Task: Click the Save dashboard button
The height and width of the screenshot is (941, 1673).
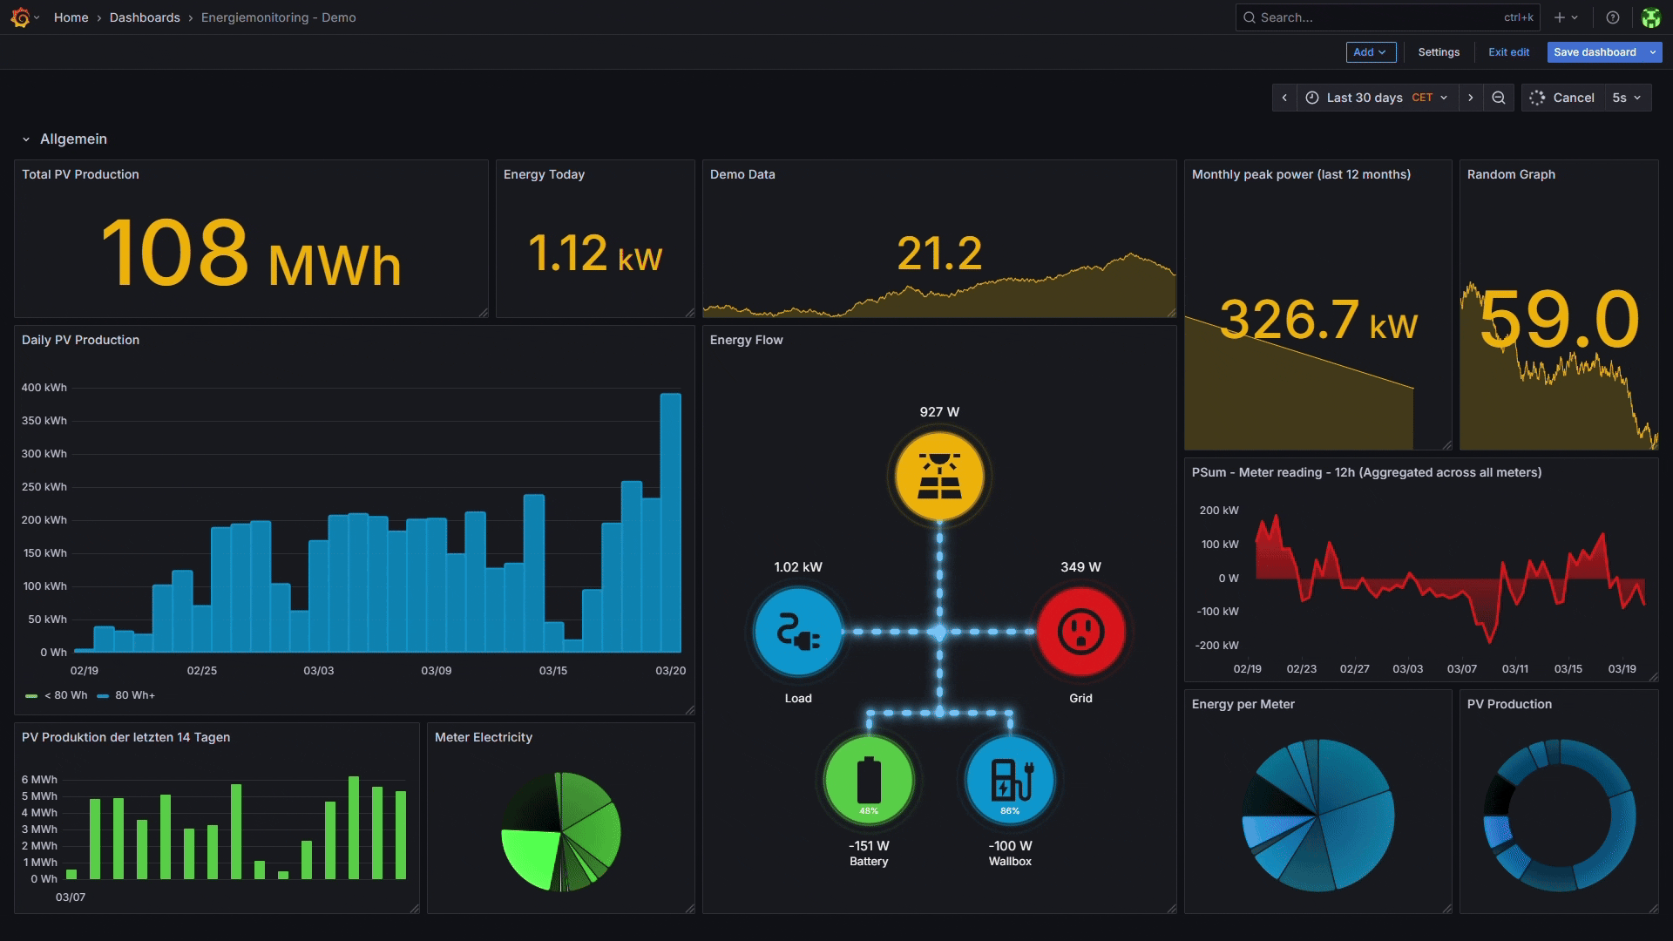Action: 1595,52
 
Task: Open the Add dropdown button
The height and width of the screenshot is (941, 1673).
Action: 1371,52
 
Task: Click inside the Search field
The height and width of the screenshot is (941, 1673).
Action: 1377,17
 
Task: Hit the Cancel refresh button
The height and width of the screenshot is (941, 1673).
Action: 1563,98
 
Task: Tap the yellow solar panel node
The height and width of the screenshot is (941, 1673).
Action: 939,477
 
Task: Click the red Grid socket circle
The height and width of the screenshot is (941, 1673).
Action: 1080,632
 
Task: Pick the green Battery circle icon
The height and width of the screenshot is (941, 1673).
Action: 869,780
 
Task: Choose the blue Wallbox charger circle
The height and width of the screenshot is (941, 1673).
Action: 1010,780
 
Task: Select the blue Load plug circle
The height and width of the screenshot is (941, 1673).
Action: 798,632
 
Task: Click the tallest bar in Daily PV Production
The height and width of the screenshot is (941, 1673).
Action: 670,523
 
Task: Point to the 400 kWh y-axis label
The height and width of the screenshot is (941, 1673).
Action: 44,388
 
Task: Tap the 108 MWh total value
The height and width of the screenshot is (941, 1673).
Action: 251,254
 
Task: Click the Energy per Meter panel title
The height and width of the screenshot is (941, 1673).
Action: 1243,704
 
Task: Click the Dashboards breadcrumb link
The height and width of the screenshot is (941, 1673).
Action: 145,17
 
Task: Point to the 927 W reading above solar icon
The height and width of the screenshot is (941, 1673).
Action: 939,412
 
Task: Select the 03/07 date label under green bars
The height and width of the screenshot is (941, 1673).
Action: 71,897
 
